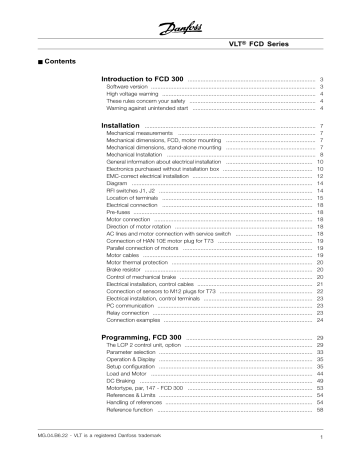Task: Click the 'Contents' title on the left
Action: [x=37, y=60]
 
